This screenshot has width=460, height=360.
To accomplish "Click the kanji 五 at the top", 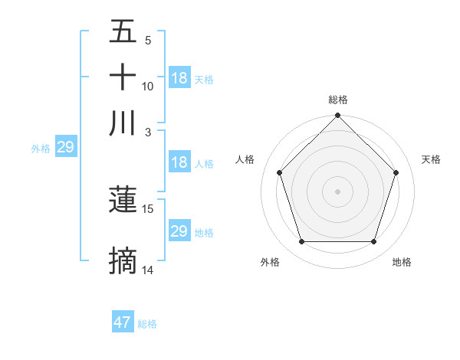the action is [123, 32].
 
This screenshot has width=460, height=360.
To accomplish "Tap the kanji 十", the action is [123, 77].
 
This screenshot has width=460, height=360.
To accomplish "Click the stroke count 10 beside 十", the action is [148, 87].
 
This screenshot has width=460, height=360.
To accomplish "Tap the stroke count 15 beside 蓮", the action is [148, 208].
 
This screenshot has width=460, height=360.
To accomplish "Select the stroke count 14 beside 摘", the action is [148, 270].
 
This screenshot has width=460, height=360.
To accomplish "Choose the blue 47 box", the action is [123, 322].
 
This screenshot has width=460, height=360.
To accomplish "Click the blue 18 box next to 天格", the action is [179, 78].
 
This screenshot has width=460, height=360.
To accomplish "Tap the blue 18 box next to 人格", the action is [179, 162].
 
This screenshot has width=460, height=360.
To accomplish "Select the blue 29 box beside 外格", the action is [65, 148].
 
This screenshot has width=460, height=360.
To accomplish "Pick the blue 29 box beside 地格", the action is [179, 231].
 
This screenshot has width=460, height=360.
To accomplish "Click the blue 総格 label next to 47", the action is [147, 324].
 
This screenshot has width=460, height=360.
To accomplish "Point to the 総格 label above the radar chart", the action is [338, 100].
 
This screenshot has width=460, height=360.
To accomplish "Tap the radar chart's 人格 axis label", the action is [245, 159].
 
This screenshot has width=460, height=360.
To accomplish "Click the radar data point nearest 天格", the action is [396, 172].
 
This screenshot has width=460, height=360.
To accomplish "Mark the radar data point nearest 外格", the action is [301, 242].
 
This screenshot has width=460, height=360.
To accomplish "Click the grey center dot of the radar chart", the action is [338, 191].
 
